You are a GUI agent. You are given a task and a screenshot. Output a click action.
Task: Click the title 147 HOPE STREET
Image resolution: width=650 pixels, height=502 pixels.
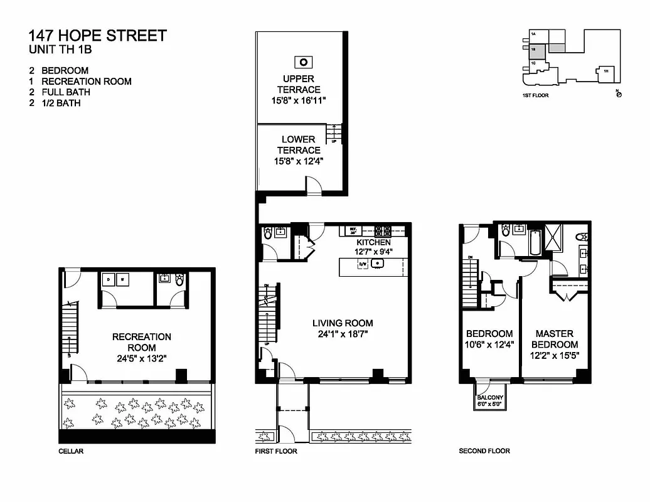pos(98,35)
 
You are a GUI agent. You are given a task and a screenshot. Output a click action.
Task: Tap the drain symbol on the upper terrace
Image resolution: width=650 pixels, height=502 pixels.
pos(303,61)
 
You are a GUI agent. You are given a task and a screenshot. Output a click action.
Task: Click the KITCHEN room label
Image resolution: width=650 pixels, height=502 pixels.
pos(373,242)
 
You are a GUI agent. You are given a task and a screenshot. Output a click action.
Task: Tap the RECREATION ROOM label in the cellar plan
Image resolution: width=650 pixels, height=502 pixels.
pos(141,342)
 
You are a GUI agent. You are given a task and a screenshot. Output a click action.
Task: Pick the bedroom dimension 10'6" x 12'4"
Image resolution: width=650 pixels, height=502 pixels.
pos(489,344)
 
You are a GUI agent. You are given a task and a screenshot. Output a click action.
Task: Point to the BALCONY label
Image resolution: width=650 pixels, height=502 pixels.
pos(490,397)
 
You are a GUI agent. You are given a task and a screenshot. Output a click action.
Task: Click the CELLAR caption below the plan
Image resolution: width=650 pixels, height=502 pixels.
pos(71,451)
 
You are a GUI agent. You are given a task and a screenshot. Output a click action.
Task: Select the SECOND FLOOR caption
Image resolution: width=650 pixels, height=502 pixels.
pos(484,451)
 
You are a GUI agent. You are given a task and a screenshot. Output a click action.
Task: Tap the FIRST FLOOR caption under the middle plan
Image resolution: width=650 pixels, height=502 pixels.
pos(276,451)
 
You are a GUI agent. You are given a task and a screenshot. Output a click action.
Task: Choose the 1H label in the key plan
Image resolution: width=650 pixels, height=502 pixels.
pos(605,72)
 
